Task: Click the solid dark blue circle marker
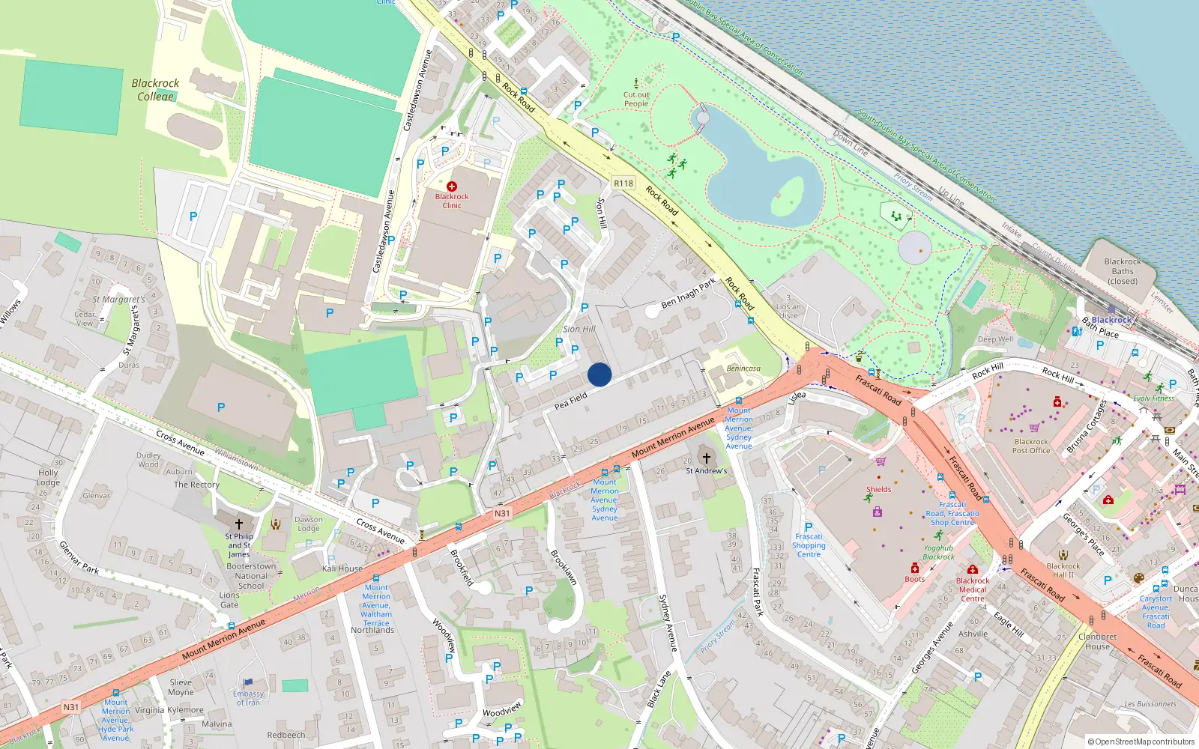599,374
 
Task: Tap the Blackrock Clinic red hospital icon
452,186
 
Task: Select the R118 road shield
623,183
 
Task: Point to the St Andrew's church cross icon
706,458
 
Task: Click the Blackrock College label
155,90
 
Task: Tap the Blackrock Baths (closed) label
1123,271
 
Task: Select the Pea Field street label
571,401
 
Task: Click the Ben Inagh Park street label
689,293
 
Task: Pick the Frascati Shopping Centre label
809,545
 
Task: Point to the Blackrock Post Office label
1031,446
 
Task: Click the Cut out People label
636,99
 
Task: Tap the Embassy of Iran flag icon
248,682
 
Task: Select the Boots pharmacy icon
915,568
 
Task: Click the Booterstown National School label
251,576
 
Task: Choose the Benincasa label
743,369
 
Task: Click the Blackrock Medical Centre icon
973,570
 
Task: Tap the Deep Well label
995,339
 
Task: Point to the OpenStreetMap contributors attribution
1141,742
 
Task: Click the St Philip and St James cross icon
239,524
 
